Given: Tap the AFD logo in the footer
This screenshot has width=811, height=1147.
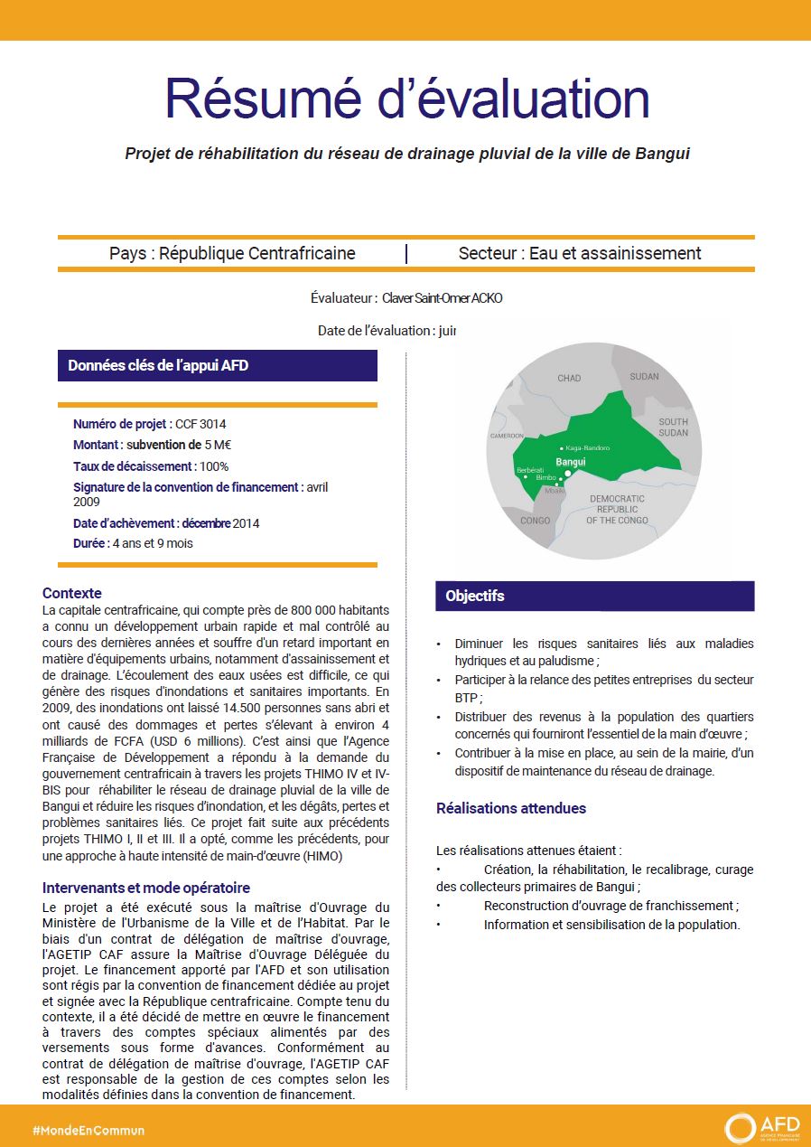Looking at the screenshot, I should coord(762,1128).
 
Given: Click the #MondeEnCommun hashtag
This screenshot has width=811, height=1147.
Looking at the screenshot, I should coord(88,1130).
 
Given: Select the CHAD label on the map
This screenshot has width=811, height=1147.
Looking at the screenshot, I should coord(569,378).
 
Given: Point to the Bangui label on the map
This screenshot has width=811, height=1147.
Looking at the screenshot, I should coord(570,462).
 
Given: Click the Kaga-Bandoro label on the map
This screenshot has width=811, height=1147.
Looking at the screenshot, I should coord(587,448).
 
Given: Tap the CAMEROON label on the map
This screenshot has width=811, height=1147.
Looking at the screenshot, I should coord(507,436).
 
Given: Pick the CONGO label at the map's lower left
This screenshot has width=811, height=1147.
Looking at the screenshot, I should coord(536,521).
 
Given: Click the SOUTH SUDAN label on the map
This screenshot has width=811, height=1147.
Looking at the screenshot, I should coord(673,427).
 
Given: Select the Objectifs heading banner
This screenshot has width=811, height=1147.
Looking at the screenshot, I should coord(594,597).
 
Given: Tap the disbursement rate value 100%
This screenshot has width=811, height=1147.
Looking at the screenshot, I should coord(214,466).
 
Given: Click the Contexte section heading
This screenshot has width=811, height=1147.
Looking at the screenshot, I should coord(72,593).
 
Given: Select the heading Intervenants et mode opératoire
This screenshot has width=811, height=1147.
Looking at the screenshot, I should coord(146,888).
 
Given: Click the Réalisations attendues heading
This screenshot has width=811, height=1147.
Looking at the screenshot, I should coord(511,808).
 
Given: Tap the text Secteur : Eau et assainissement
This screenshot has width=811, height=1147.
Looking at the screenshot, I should coord(580,253).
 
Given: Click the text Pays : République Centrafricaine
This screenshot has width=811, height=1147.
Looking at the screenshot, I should coord(232,253).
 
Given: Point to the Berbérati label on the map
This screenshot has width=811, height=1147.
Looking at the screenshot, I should coord(530,470).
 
